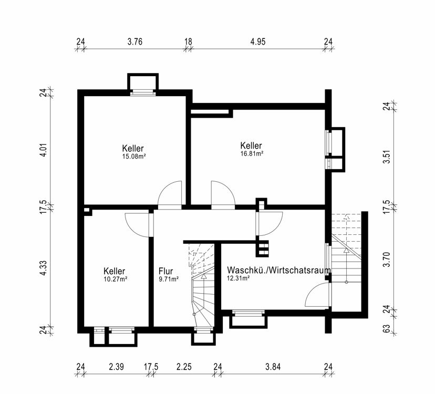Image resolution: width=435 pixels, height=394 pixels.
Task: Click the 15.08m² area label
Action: point(133,156)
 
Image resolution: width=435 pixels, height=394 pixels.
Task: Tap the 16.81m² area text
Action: point(251,154)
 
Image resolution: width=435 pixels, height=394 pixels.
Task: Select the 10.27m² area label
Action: point(116,279)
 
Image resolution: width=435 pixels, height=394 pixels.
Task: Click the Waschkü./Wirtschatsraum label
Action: point(278,270)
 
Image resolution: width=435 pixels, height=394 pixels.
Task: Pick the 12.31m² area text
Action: point(238,278)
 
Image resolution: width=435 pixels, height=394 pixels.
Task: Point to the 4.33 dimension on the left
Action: point(45,267)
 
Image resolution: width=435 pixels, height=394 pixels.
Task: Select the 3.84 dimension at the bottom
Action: point(273,367)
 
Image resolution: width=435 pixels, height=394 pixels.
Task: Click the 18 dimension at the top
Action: point(188,41)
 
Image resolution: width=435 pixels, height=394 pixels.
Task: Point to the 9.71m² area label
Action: point(168,279)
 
